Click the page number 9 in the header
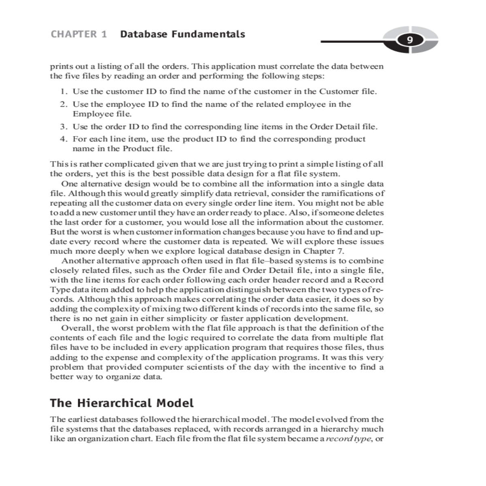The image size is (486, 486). click(410, 40)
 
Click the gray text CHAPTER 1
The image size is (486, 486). click(79, 34)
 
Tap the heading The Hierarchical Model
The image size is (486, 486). click(122, 403)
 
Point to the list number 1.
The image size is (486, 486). click(63, 92)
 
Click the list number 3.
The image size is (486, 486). click(63, 127)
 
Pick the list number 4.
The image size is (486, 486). click(63, 139)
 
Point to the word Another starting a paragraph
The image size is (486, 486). click(78, 261)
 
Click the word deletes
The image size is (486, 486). click(369, 213)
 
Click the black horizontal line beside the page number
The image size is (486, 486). click(356, 41)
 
